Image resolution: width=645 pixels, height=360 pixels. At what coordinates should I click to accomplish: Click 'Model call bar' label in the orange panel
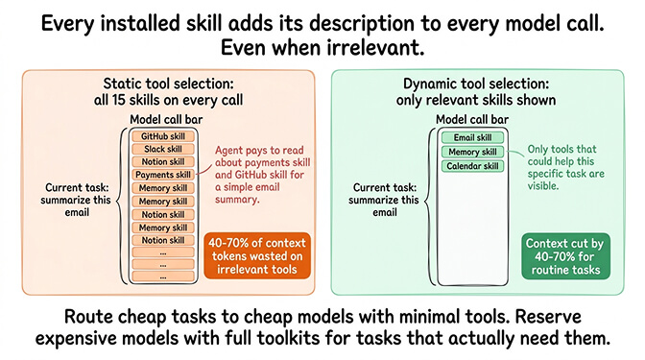(x=164, y=118)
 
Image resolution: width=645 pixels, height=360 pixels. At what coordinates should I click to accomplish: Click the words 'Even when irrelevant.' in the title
(x=322, y=45)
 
